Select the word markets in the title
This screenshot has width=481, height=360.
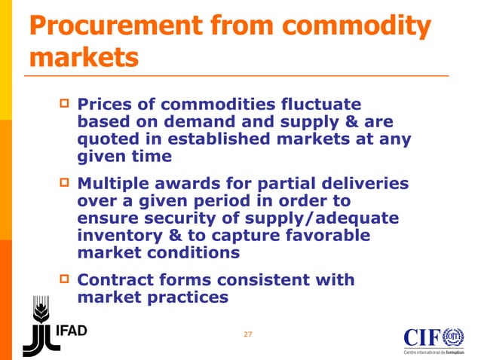84,59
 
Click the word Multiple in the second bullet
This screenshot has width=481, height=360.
117,184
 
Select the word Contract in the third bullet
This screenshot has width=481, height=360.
118,280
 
